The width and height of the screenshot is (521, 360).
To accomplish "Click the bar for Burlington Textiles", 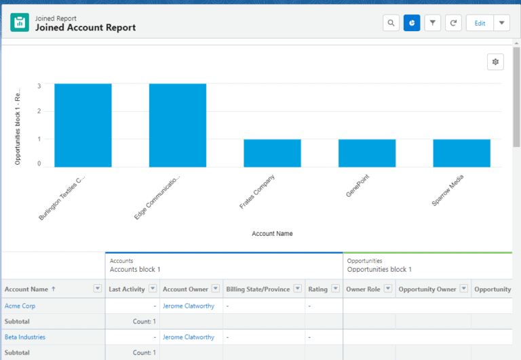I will click(x=83, y=125).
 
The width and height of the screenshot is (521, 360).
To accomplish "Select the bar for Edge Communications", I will click(x=178, y=125).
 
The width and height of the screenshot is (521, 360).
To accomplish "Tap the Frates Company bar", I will click(x=272, y=153).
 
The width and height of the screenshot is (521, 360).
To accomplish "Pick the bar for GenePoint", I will click(x=367, y=153).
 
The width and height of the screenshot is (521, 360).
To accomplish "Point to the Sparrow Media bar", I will click(x=461, y=153).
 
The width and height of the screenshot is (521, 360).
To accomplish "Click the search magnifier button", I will click(x=391, y=23).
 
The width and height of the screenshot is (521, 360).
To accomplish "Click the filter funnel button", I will click(x=433, y=23).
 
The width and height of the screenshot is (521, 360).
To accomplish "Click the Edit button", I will click(x=480, y=23).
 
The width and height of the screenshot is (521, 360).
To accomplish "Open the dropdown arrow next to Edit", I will click(x=501, y=23).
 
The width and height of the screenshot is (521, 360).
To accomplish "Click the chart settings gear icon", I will click(x=495, y=62).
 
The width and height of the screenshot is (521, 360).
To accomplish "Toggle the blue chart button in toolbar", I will click(x=412, y=23).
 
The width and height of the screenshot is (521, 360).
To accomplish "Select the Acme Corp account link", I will click(x=20, y=306).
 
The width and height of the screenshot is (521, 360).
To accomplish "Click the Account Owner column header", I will click(x=185, y=289).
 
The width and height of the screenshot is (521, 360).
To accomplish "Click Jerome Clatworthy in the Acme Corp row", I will click(x=189, y=306).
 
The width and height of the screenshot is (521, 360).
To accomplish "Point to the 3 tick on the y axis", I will click(x=39, y=86).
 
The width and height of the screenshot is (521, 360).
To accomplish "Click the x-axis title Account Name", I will click(x=272, y=234).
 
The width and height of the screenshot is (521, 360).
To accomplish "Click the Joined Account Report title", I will click(x=85, y=28).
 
